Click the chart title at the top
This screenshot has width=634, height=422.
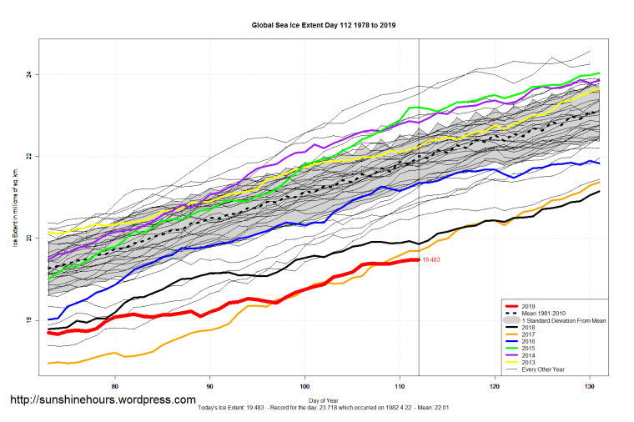point(324,25)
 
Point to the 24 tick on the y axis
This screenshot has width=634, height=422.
point(28,75)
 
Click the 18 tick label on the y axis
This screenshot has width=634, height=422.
point(28,321)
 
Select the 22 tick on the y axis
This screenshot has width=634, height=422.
point(28,157)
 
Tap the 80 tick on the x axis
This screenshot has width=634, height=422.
point(114,386)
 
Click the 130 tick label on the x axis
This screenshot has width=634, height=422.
point(591,386)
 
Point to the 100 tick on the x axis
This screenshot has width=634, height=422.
point(305,386)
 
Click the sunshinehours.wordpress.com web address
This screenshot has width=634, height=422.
point(102,400)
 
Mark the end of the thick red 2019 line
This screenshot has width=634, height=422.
point(418,260)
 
